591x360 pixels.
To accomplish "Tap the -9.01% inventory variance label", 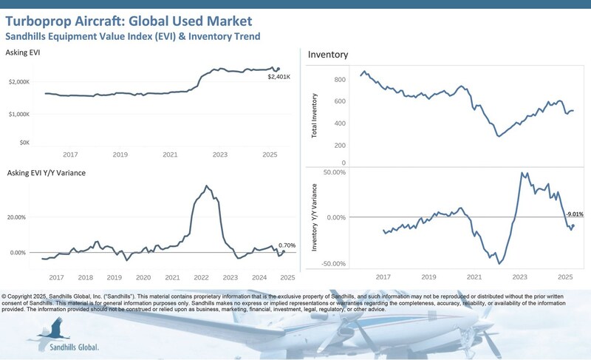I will pyautogui.click(x=573, y=214).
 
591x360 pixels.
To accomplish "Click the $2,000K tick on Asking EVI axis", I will pyautogui.click(x=18, y=83).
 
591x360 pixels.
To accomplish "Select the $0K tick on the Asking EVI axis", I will pyautogui.click(x=24, y=142).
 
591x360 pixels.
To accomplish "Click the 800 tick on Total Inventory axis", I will pyautogui.click(x=340, y=79).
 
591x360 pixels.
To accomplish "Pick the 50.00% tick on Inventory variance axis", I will pyautogui.click(x=334, y=172).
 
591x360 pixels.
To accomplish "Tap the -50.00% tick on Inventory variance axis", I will pyautogui.click(x=332, y=263).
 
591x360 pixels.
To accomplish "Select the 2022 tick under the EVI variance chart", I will pyautogui.click(x=201, y=277).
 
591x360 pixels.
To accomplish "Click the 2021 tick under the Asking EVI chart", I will pyautogui.click(x=170, y=154).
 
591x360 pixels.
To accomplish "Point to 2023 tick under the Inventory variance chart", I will pyautogui.click(x=520, y=276).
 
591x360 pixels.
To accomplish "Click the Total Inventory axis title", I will pyautogui.click(x=315, y=117).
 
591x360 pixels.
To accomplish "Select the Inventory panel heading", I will pyautogui.click(x=328, y=55).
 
